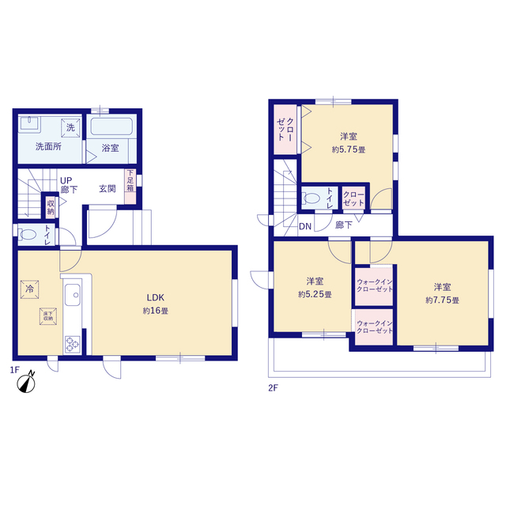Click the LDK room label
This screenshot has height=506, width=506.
[156, 297]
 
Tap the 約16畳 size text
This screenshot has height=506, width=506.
[156, 311]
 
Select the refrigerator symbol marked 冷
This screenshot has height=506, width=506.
[30, 289]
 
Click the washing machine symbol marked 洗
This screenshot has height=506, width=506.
[70, 128]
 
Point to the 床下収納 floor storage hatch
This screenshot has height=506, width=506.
[48, 316]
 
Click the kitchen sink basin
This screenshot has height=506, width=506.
[73, 295]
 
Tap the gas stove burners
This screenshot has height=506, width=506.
[72, 345]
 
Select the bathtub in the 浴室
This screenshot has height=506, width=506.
[111, 126]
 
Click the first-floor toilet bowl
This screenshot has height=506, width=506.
[28, 235]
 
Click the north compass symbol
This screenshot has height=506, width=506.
[26, 383]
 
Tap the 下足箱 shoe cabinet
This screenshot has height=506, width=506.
[130, 187]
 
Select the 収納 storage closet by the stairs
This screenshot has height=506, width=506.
[51, 207]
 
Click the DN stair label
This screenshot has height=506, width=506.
[305, 226]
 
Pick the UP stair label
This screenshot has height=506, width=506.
[66, 180]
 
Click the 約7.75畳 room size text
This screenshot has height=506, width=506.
[442, 300]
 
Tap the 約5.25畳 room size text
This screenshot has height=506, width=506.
[315, 294]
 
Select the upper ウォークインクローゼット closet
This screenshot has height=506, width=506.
[374, 285]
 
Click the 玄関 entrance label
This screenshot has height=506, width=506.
[108, 189]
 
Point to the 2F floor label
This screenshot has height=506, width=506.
[273, 387]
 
